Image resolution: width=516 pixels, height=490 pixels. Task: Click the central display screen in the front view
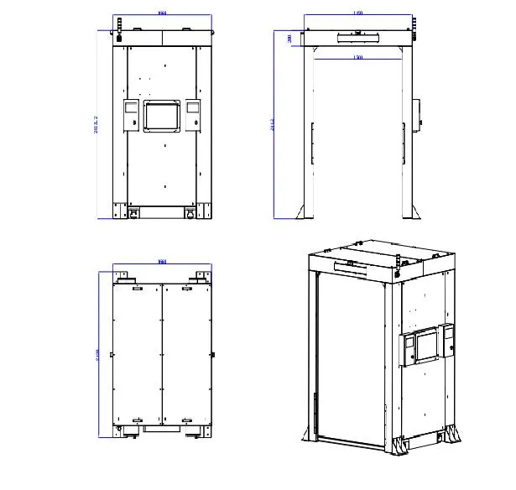163,116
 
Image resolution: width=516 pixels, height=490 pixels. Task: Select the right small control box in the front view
193,115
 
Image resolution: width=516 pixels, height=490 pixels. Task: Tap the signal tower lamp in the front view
118,25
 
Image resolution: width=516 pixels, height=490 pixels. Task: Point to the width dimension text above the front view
162,13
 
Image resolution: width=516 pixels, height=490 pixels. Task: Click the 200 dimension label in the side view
289,38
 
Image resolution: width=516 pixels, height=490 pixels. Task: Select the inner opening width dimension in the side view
358,57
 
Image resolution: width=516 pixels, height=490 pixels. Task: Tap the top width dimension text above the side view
358,13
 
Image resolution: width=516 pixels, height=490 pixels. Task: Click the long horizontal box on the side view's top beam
358,36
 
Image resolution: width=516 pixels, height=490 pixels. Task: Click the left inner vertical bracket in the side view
312,143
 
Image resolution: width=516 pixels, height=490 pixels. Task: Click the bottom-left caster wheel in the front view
133,216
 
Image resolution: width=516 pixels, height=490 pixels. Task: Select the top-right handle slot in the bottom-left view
187,288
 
